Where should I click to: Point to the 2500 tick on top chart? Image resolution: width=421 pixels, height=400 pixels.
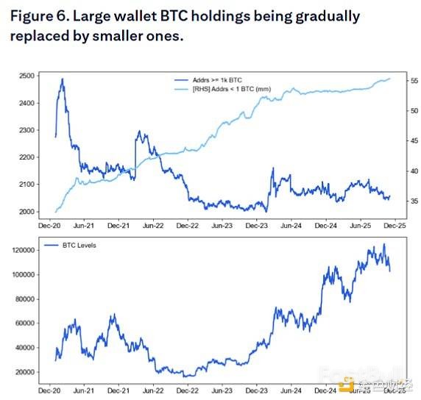pos(28,76)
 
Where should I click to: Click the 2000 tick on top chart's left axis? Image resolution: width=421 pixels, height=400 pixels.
pos(28,212)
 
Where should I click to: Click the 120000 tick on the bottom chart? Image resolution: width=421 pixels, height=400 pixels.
pos(24,250)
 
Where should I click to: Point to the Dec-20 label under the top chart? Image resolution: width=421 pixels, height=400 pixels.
pos(49,226)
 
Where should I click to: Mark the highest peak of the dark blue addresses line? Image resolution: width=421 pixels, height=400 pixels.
pos(62,79)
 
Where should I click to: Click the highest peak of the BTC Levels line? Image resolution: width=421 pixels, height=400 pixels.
pos(383,246)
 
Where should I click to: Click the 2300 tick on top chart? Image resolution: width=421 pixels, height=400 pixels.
pos(28,130)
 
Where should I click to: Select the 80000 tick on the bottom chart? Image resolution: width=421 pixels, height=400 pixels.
pos(26,299)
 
